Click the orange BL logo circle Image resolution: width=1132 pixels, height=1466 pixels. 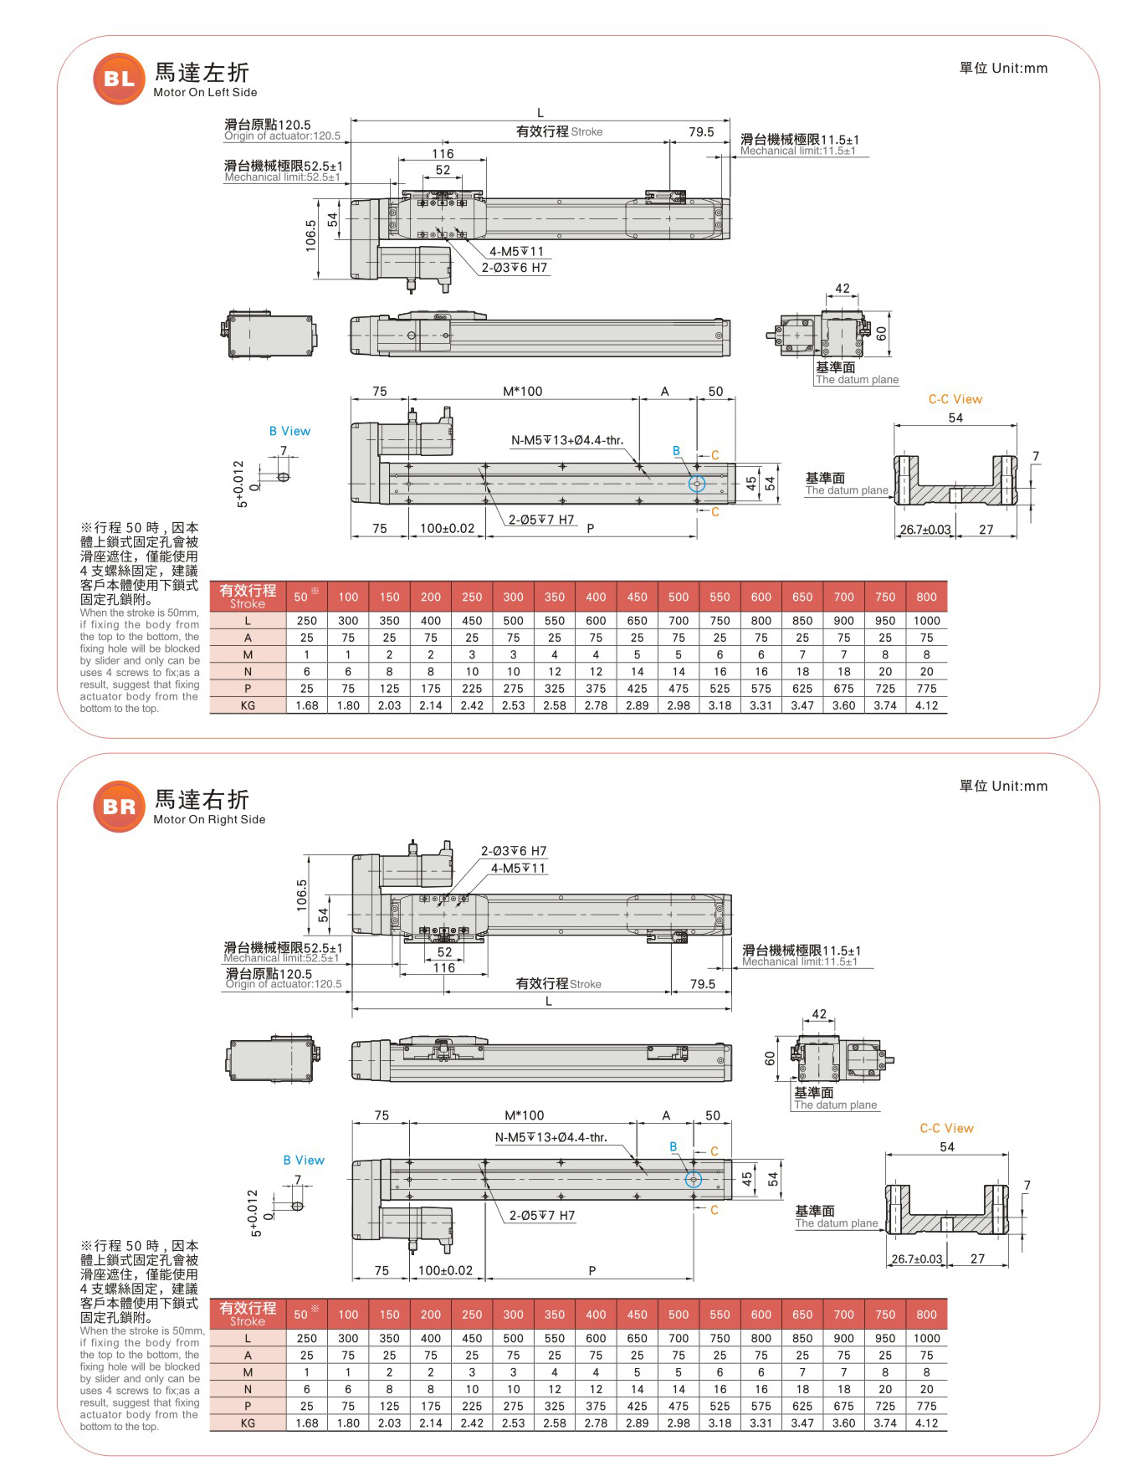coord(119,79)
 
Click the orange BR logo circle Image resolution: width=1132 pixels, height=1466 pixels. coord(119,806)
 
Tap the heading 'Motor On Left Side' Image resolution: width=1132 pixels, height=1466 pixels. coord(205,93)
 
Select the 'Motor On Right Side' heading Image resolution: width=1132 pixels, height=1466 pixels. coord(209,820)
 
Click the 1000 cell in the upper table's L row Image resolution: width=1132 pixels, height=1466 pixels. coord(926,621)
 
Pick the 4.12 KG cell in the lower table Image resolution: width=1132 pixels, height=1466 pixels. coord(926,1422)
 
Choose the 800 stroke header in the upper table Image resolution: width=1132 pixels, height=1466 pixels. coord(926,597)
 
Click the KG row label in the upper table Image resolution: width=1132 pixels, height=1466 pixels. coord(248,705)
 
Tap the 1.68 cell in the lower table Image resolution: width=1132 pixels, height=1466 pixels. coord(307,1422)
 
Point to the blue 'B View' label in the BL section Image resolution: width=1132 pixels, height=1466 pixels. coord(289,431)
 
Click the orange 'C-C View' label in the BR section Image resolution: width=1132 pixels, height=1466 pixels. coord(946,1128)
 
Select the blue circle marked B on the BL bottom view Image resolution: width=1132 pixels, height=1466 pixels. coord(697,484)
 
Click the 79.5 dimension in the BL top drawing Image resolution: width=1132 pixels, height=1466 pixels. coord(701,132)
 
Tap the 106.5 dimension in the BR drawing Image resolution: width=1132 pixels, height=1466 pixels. coord(302,894)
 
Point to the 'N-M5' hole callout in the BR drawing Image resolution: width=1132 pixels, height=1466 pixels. coord(551,1137)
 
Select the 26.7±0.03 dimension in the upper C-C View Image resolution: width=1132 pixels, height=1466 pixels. coord(925,530)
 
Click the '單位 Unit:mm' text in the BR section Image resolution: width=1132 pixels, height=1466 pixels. coord(1003,786)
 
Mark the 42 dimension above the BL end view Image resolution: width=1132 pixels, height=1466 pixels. coord(842,289)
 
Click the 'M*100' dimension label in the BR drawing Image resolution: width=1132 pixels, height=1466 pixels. coord(524,1115)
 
